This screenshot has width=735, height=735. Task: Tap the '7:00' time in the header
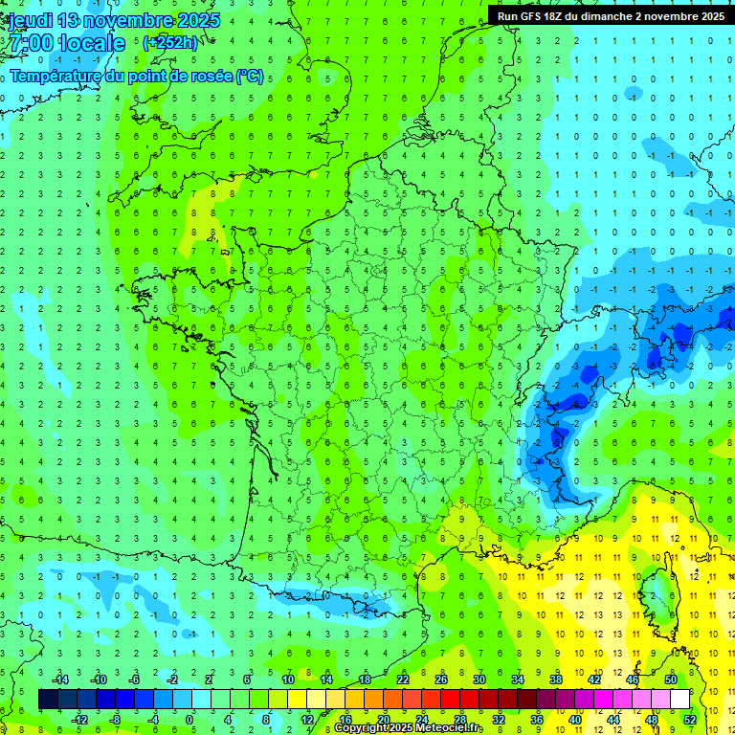pyautogui.click(x=33, y=43)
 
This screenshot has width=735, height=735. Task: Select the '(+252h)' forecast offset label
pyautogui.click(x=170, y=42)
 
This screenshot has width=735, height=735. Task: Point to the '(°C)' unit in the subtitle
pyautogui.click(x=250, y=77)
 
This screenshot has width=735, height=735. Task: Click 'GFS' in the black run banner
pyautogui.click(x=534, y=15)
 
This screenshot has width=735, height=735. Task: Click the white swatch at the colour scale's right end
pyautogui.click(x=679, y=699)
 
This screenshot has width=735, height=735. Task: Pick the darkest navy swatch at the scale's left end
pyautogui.click(x=48, y=699)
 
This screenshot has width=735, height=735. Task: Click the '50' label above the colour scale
pyautogui.click(x=671, y=679)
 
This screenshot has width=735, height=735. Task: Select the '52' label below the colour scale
pyautogui.click(x=689, y=719)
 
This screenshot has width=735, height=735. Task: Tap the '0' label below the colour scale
pyautogui.click(x=190, y=719)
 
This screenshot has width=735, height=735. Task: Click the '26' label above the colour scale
pyautogui.click(x=441, y=679)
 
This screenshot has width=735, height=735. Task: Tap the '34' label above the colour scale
pyautogui.click(x=518, y=679)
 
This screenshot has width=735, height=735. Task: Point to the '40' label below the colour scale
pyautogui.click(x=575, y=719)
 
